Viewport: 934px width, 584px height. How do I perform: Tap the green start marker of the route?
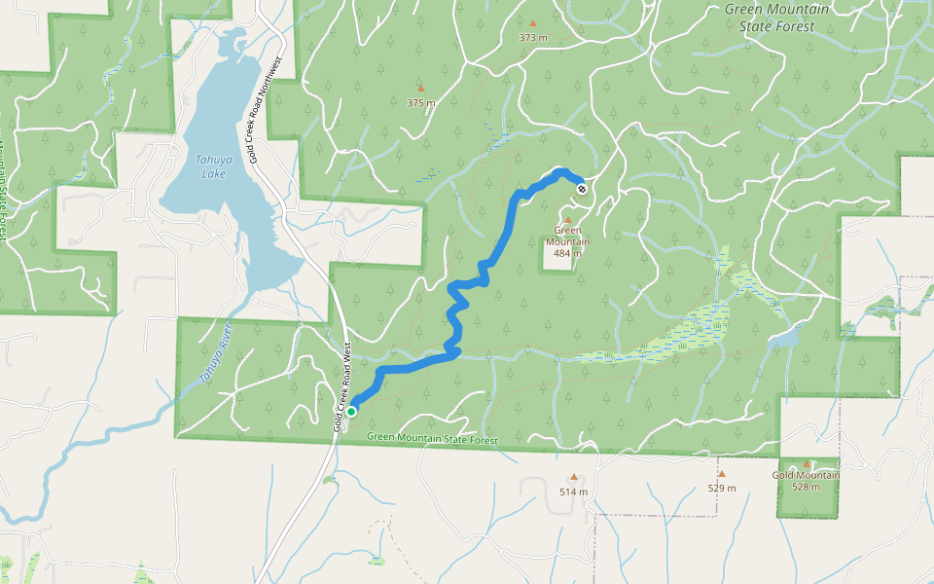351,412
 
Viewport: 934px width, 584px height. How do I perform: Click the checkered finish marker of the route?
581,189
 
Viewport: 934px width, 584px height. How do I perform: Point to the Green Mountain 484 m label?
567,241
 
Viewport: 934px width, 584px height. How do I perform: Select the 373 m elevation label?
533,37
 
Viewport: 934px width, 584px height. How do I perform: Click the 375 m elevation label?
421,102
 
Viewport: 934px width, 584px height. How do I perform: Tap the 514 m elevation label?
574,492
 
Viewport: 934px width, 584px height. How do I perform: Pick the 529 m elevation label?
722,488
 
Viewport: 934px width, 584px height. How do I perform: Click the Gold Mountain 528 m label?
806,481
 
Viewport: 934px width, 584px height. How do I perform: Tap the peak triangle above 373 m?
533,23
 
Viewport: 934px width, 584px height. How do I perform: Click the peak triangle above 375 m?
421,88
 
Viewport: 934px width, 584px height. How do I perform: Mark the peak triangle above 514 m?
574,477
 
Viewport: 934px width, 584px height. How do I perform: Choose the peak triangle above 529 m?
722,473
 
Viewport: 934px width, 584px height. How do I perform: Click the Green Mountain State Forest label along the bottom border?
432,440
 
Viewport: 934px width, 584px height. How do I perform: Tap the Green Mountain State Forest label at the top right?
776,18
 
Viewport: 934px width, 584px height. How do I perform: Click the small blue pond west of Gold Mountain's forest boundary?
783,340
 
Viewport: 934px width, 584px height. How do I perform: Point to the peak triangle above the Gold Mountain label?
806,464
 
